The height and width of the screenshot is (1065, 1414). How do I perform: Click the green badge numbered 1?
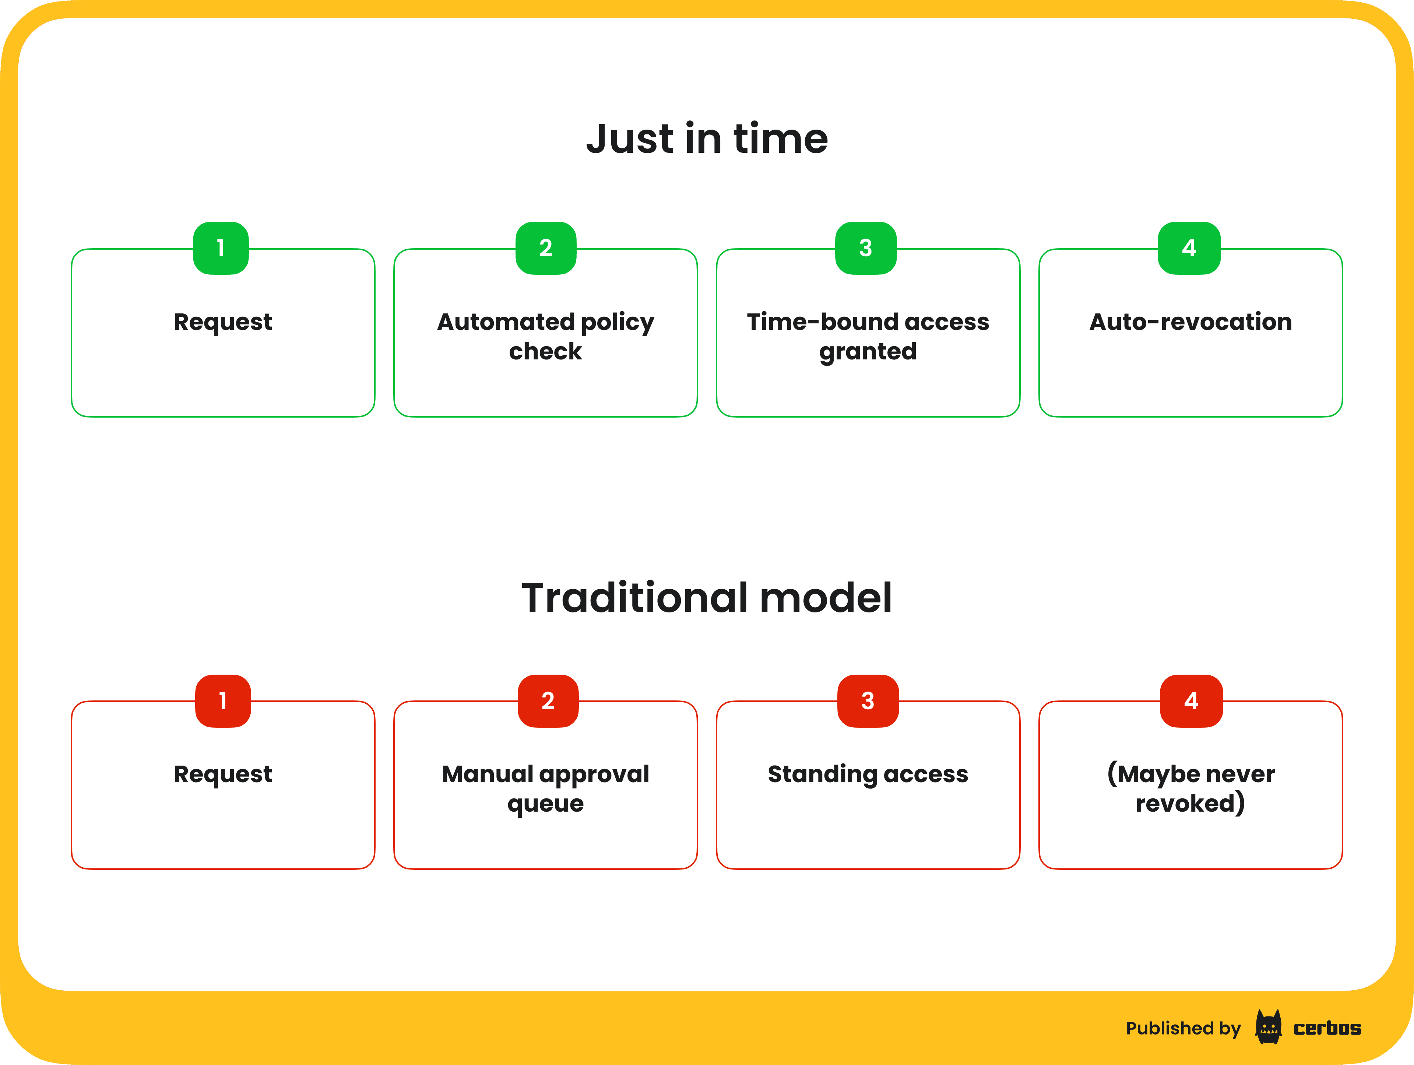coord(221,248)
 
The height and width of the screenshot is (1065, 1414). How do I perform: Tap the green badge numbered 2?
coord(546,248)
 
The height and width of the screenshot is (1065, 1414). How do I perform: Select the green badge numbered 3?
coord(866,248)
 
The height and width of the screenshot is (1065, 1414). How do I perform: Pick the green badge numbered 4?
coord(1189,248)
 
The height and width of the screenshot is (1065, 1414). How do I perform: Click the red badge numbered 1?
coord(222,701)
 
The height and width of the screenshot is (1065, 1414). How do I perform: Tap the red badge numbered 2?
coord(548,701)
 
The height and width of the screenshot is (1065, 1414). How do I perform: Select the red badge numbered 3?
coord(868,701)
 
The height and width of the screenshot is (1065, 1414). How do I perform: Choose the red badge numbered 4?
coord(1191,701)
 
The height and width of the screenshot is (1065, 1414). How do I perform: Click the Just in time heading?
coord(707,139)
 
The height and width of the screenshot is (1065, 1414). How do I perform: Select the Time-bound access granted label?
coord(868,336)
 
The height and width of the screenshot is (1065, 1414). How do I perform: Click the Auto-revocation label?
coord(1190,321)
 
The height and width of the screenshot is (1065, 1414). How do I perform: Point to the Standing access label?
coord(868,774)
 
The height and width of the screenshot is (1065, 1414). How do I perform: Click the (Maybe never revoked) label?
coord(1190,788)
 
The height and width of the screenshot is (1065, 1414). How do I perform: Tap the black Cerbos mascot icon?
coord(1268,1027)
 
